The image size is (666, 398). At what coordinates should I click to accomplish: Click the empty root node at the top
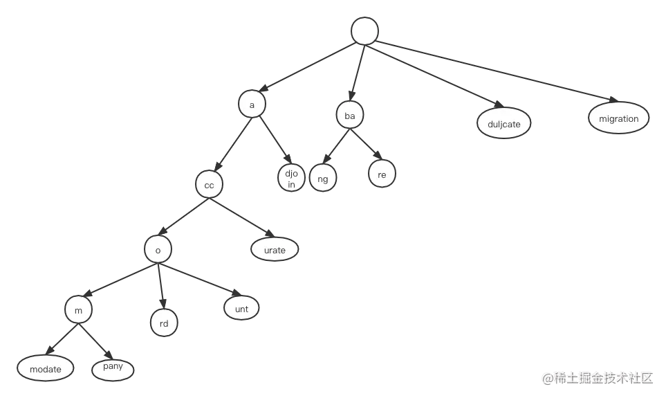364,31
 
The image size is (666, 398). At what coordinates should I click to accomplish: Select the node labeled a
252,105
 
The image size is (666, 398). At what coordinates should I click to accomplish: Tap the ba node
350,116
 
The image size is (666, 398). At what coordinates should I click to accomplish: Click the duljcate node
503,124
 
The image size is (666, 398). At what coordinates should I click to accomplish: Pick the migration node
618,118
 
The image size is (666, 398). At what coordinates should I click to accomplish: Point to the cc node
208,185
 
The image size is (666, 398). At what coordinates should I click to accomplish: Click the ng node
322,178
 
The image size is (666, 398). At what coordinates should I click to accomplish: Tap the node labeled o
158,250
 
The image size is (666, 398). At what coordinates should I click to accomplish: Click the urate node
274,249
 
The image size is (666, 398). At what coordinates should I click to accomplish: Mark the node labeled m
79,311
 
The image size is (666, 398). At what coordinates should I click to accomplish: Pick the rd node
164,323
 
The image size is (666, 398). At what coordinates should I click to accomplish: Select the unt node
241,309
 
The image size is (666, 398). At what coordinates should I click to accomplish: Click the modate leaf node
46,369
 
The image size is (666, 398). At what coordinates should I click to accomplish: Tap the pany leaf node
112,368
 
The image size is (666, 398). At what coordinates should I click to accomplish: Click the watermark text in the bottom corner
598,377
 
